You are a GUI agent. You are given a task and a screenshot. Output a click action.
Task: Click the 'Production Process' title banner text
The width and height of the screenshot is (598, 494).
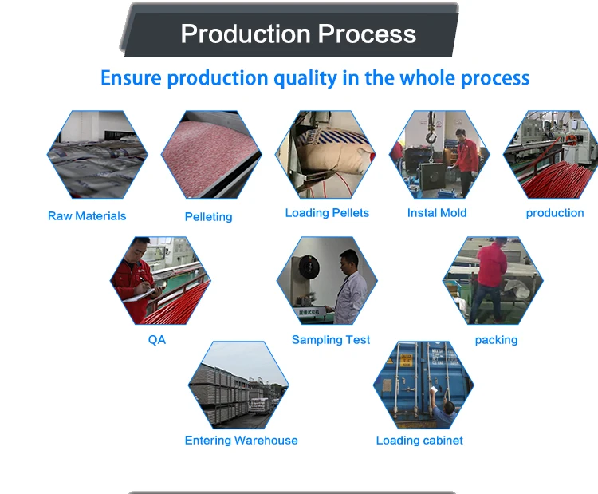(x=298, y=34)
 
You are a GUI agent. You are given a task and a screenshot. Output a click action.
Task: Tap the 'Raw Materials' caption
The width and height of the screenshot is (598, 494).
(x=87, y=216)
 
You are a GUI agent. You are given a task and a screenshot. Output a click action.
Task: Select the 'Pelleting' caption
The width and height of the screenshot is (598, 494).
(x=208, y=217)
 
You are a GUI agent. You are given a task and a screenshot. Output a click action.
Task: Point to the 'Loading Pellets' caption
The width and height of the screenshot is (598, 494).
(x=327, y=213)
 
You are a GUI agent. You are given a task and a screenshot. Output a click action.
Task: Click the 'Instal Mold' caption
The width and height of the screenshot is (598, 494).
(x=437, y=213)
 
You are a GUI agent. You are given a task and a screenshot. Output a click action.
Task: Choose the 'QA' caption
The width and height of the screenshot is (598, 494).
(x=157, y=339)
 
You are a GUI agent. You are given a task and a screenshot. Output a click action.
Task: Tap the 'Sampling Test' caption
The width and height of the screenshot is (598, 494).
(x=331, y=340)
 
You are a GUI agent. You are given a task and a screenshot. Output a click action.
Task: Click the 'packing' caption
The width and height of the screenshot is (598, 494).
(x=496, y=340)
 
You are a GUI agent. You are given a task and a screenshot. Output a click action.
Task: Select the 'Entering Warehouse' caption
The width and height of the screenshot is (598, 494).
(x=241, y=441)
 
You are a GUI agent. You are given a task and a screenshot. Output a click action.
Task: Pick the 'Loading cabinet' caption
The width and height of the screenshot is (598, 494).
(x=419, y=441)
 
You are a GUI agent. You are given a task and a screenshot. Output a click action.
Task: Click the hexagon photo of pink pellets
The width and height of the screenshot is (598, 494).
(x=211, y=155)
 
